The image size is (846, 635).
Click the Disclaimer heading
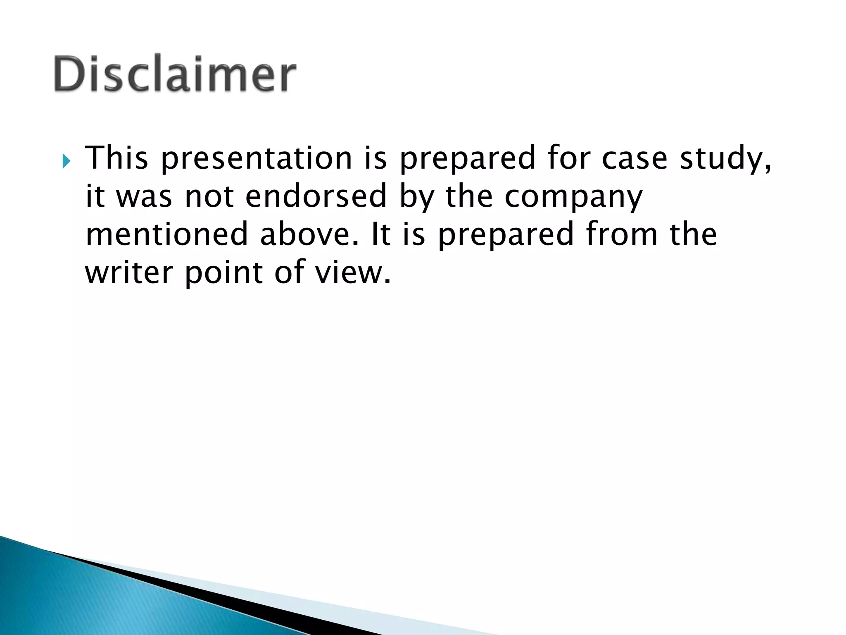click(x=175, y=74)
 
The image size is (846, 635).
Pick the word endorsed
click(x=316, y=196)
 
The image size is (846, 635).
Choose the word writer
click(x=129, y=272)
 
